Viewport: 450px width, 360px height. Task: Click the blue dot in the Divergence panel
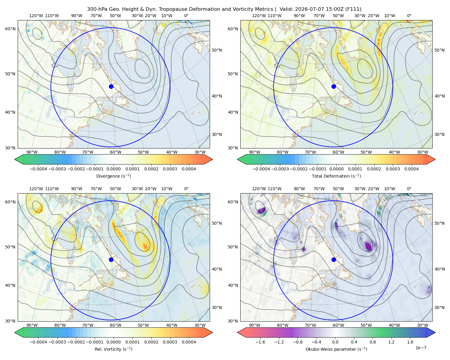(111, 86)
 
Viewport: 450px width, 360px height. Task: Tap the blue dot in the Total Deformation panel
(334, 86)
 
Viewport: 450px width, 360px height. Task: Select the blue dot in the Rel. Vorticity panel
(111, 259)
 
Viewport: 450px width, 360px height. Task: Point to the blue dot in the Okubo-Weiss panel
(334, 259)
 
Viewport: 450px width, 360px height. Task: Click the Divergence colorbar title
(113, 176)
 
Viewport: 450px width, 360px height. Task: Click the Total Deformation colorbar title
(336, 176)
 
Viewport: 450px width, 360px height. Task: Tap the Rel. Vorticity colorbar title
(113, 349)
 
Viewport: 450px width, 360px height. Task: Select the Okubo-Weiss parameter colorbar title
(336, 349)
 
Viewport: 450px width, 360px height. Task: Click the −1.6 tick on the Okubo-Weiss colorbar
(260, 342)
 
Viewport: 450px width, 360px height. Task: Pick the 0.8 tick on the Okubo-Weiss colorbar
(373, 342)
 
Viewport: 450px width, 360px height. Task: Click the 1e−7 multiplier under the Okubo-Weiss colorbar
(421, 348)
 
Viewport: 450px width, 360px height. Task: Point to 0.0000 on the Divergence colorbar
(113, 169)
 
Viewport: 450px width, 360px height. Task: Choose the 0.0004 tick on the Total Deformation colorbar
(411, 169)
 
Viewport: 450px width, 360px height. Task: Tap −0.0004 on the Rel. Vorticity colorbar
(38, 342)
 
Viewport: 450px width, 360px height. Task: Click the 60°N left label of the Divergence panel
(10, 29)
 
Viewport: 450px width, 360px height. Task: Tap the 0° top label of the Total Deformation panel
(409, 16)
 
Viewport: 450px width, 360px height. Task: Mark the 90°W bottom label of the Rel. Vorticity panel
(32, 325)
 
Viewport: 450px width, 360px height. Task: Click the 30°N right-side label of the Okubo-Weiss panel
(439, 307)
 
